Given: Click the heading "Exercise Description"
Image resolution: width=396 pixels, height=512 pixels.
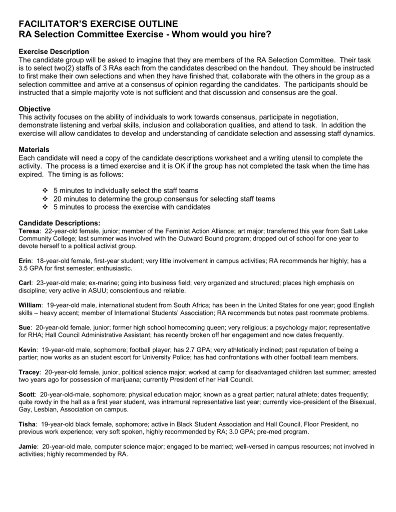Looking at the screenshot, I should click(54, 52).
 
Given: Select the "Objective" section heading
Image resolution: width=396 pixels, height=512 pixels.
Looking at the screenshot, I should click(35, 108).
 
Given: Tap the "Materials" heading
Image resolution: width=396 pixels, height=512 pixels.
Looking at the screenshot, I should click(34, 149).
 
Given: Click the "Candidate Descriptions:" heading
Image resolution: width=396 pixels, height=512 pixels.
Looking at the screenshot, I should click(59, 223).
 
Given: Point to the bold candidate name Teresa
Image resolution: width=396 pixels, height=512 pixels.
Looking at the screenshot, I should click(29, 231).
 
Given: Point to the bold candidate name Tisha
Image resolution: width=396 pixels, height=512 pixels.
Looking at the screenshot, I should click(27, 424).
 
